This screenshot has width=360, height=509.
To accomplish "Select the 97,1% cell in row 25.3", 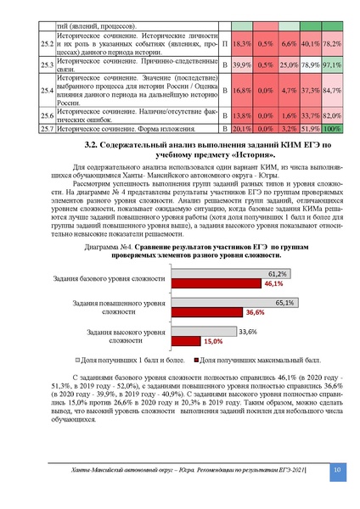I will pos(332,64).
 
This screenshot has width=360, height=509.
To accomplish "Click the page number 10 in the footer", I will pos(336,470).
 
